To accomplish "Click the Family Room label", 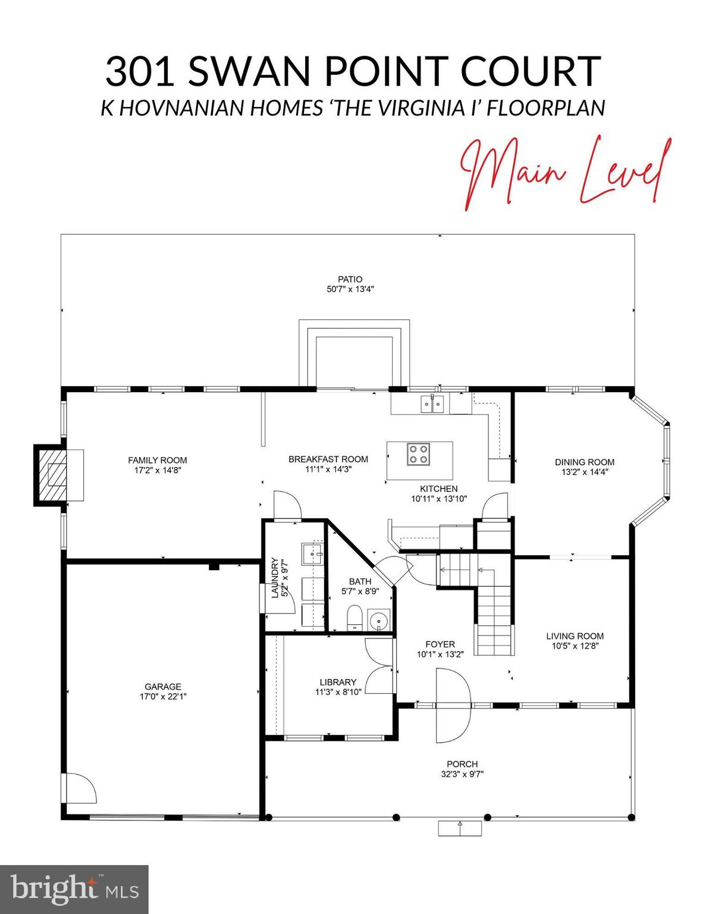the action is (158, 460).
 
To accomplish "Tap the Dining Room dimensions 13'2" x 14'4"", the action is (585, 472).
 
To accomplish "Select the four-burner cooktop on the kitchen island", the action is (418, 454).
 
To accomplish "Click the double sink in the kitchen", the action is (432, 404).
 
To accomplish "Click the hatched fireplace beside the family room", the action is (51, 475).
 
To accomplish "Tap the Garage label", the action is (162, 687).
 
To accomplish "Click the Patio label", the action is (350, 279).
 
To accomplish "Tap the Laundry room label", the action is (275, 578).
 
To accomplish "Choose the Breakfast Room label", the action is (328, 459).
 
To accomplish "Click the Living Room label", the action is (575, 636).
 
